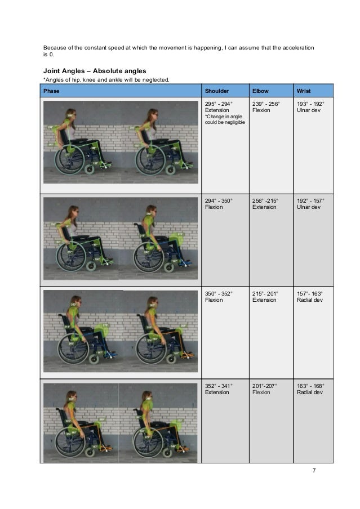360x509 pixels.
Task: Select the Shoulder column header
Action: (216, 91)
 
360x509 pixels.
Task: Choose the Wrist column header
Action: (303, 91)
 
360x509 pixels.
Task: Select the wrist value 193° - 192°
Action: (310, 104)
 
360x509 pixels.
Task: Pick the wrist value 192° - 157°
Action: (310, 200)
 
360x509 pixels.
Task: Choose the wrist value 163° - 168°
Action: (310, 386)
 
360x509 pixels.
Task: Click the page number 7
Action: (314, 471)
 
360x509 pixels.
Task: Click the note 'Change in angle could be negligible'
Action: (224, 120)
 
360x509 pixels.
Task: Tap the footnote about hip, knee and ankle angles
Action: (106, 80)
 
